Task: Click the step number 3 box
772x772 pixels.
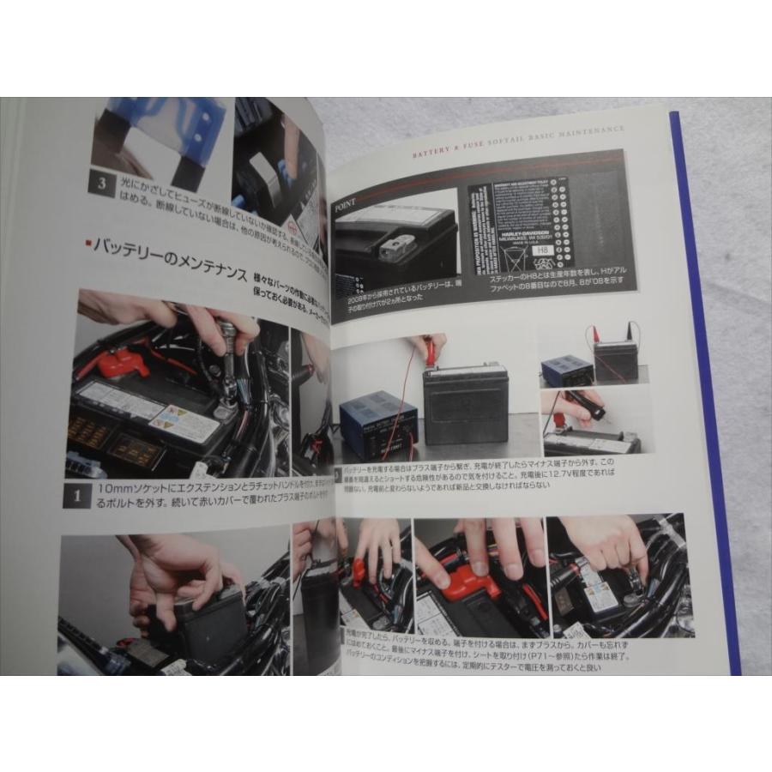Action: click(x=103, y=184)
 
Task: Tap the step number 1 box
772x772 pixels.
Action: click(x=76, y=497)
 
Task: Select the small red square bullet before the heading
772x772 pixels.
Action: click(x=88, y=244)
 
